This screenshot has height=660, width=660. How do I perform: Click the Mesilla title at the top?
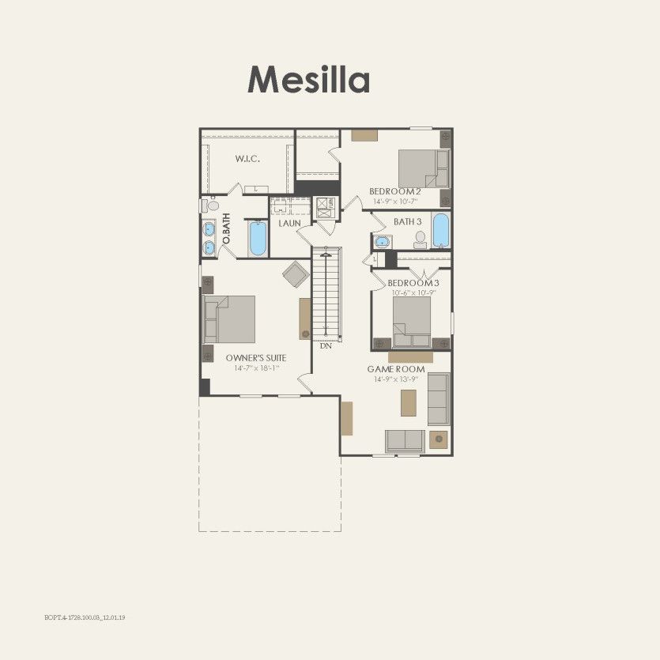(308, 80)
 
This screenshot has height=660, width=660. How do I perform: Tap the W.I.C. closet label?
(247, 159)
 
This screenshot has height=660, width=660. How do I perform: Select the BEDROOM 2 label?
(395, 191)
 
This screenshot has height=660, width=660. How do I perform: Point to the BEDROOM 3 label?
(413, 283)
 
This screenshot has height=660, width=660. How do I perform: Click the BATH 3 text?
(409, 222)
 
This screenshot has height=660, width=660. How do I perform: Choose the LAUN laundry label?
(290, 224)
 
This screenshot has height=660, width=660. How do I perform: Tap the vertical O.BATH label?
(226, 228)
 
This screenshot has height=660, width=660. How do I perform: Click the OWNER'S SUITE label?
(256, 358)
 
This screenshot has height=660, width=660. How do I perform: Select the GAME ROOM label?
(396, 369)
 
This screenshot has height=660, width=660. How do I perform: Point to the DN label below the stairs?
(325, 346)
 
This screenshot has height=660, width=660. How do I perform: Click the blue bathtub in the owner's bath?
(258, 239)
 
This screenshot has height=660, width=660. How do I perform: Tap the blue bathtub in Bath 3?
(440, 231)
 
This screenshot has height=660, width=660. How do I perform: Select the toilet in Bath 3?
(420, 239)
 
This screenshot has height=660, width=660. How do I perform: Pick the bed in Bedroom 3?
(412, 321)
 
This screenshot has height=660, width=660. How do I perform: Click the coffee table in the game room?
(408, 404)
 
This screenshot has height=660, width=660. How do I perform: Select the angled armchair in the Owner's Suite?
(296, 274)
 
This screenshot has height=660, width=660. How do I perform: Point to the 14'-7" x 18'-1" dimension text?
(256, 368)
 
